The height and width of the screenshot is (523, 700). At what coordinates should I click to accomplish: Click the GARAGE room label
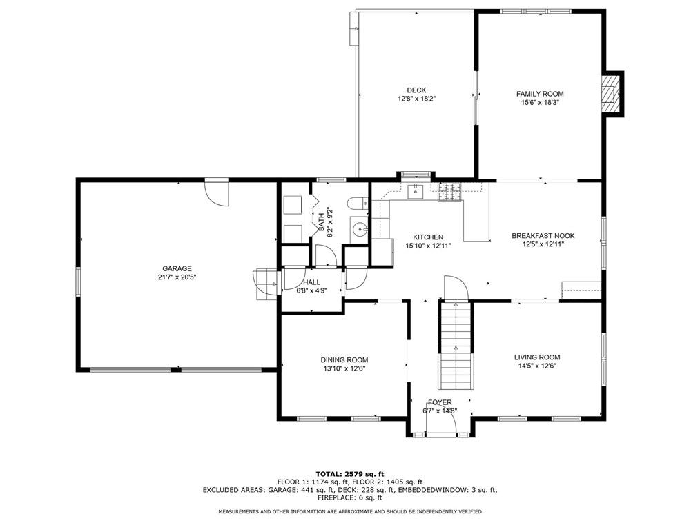pos(177,268)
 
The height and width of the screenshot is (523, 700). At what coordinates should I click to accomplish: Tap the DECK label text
pos(416,90)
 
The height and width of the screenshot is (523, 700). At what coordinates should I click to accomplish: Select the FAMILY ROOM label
pos(540,94)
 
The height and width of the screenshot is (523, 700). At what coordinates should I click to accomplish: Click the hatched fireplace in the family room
pos(610,94)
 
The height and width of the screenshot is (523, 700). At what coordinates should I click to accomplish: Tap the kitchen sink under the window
pos(415,191)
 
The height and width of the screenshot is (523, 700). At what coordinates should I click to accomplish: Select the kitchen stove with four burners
pos(449,192)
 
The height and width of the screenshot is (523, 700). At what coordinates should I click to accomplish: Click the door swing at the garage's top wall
pos(217,193)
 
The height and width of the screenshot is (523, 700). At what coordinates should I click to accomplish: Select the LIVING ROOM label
pos(537,357)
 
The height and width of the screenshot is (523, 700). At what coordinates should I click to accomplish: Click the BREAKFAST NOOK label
pos(543,235)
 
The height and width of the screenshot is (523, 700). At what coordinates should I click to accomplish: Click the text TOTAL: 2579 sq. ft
pos(350,474)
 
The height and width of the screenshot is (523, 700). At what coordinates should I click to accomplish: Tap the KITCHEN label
pos(428,237)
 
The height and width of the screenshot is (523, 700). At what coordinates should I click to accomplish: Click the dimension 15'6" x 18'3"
pos(540,102)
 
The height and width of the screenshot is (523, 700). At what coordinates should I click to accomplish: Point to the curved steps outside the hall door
pos(266,284)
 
